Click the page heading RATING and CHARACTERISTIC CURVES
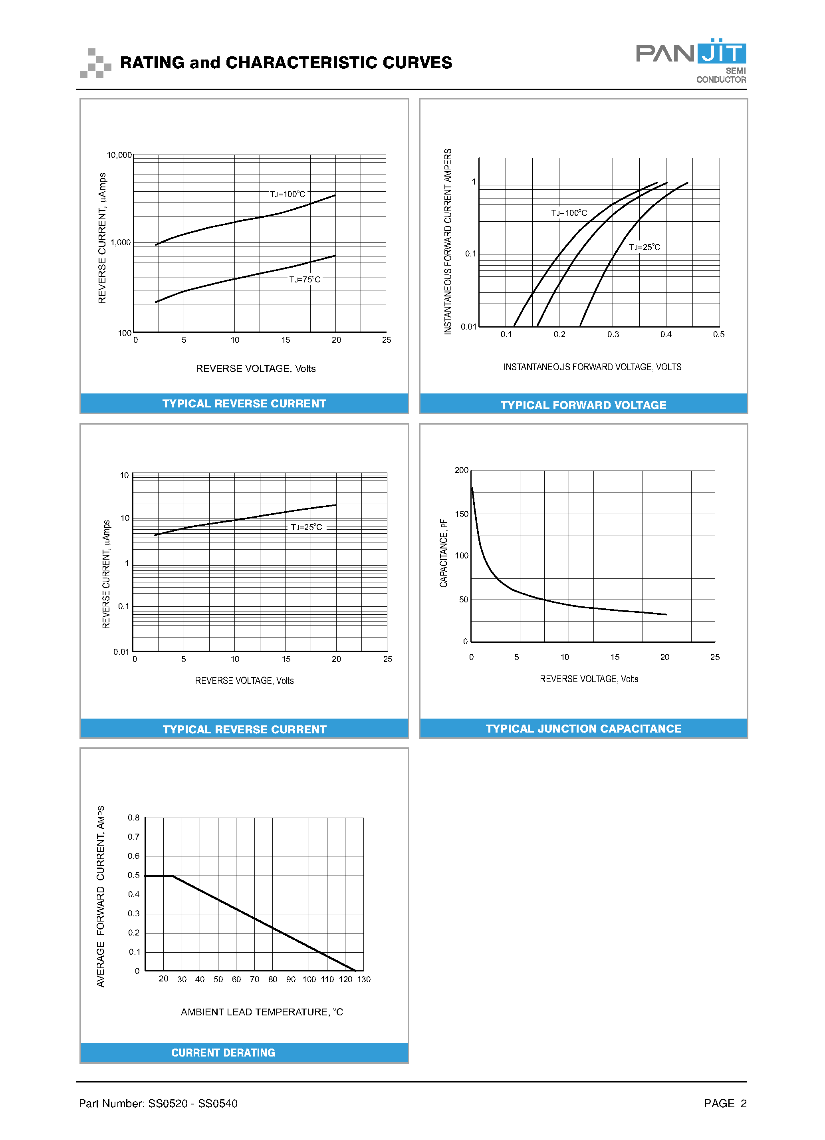286,62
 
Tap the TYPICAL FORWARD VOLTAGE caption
583,405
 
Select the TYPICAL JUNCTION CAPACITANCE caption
583,729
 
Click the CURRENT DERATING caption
223,1053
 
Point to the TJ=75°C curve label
304,280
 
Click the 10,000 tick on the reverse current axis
119,155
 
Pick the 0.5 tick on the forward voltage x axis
718,334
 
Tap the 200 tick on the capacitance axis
461,470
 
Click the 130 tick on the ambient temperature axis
364,979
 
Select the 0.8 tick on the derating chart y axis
134,818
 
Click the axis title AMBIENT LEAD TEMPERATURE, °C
262,1012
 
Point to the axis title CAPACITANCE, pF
443,553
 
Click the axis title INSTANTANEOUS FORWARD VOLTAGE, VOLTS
592,367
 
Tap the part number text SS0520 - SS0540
193,1103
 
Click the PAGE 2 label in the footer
725,1103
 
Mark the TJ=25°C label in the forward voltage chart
645,247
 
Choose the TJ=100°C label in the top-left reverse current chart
288,194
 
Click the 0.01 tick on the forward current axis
468,327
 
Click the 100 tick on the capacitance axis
461,556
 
